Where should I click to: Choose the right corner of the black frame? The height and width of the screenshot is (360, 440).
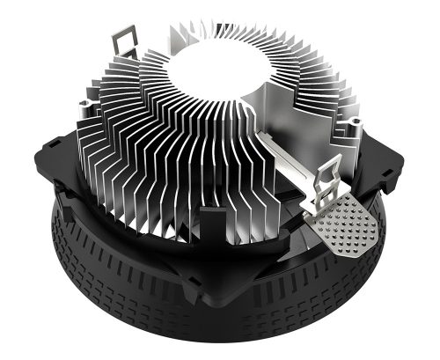click(400, 173)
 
